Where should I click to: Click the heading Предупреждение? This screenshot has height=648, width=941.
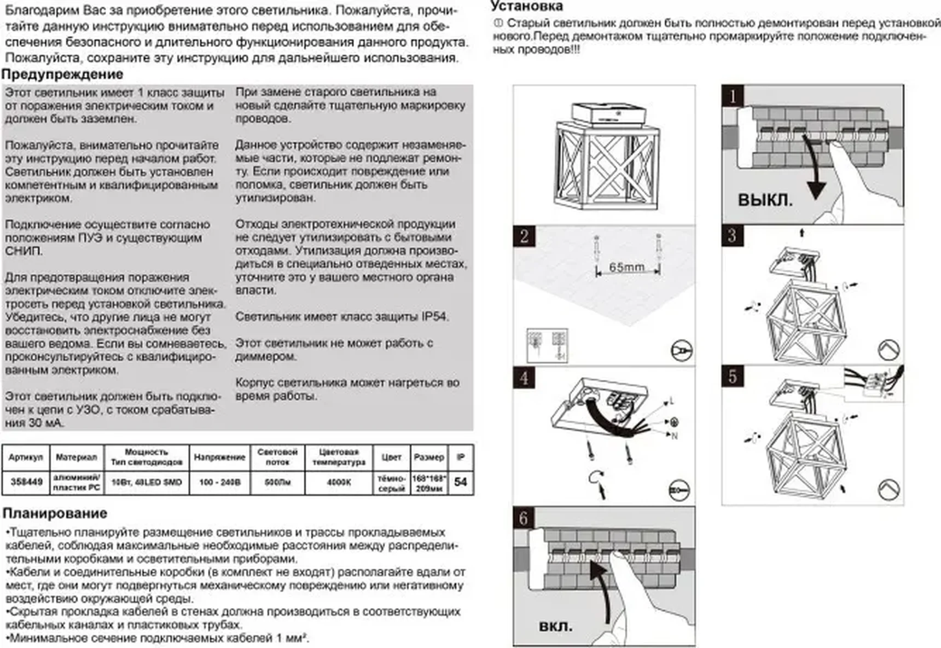[x=62, y=74]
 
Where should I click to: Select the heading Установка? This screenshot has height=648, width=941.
[x=526, y=7]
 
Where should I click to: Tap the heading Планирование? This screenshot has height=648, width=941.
[x=55, y=513]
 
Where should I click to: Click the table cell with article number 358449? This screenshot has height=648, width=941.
[x=26, y=482]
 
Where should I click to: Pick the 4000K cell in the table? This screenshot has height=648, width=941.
[x=339, y=482]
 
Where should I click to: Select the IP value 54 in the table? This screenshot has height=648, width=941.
[x=461, y=482]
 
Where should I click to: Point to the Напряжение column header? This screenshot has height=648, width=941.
[x=219, y=457]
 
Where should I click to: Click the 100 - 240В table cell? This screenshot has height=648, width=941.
[x=219, y=482]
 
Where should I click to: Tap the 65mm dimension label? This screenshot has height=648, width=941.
[x=626, y=267]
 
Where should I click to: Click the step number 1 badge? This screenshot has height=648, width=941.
[x=732, y=96]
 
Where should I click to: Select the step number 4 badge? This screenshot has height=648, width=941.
[x=524, y=378]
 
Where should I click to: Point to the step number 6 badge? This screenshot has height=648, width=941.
[x=524, y=518]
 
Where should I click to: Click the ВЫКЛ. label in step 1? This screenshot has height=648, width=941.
[x=765, y=200]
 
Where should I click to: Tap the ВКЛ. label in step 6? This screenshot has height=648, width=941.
[x=555, y=626]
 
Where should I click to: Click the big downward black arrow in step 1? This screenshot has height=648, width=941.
[x=814, y=175]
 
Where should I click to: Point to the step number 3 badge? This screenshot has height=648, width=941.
[x=732, y=236]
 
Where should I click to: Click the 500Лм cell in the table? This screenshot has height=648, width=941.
[x=277, y=482]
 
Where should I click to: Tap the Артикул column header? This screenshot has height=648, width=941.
[x=26, y=457]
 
